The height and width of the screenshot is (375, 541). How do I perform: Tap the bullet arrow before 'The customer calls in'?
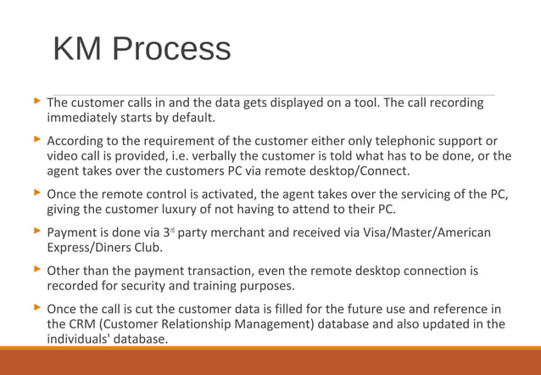click(36, 103)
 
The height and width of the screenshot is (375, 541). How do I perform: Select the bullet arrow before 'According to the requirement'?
click(36, 139)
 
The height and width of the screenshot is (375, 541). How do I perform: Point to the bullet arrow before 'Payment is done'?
click(36, 232)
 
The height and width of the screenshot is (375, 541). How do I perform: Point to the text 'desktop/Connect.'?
click(361, 171)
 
